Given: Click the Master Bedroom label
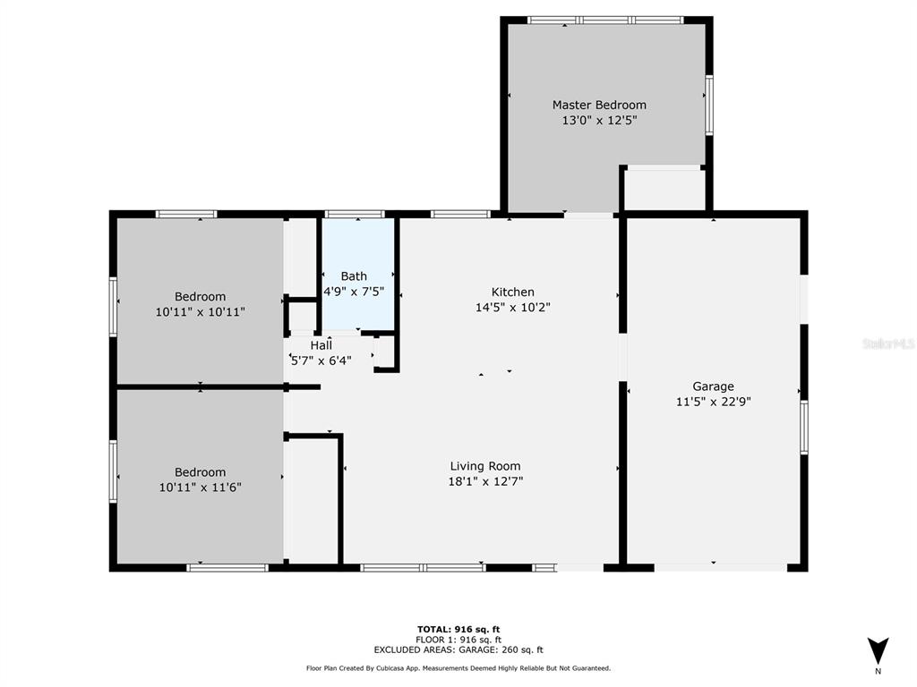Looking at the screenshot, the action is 599,106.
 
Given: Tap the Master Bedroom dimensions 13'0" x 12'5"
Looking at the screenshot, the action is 599,121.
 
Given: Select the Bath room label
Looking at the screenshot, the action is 354,276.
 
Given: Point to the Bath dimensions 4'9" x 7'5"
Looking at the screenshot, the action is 354,291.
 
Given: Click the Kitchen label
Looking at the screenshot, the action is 513,293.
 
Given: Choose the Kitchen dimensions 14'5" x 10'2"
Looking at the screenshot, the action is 513,308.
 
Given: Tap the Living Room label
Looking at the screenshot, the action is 485,466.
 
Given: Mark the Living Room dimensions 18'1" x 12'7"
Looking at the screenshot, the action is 485,481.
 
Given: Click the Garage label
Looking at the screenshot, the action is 713,386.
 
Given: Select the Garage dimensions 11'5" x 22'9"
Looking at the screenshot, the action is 714,402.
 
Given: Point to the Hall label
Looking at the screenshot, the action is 321,345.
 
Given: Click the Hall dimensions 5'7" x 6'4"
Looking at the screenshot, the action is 321,360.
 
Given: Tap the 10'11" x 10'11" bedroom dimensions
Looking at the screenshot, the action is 200,312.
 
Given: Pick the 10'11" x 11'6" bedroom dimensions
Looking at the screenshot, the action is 200,488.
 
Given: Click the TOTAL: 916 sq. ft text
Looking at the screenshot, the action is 458,629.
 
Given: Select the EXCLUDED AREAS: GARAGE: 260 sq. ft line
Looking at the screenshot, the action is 458,649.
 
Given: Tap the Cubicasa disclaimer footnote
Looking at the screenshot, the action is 458,668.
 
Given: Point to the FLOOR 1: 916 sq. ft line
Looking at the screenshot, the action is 458,640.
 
